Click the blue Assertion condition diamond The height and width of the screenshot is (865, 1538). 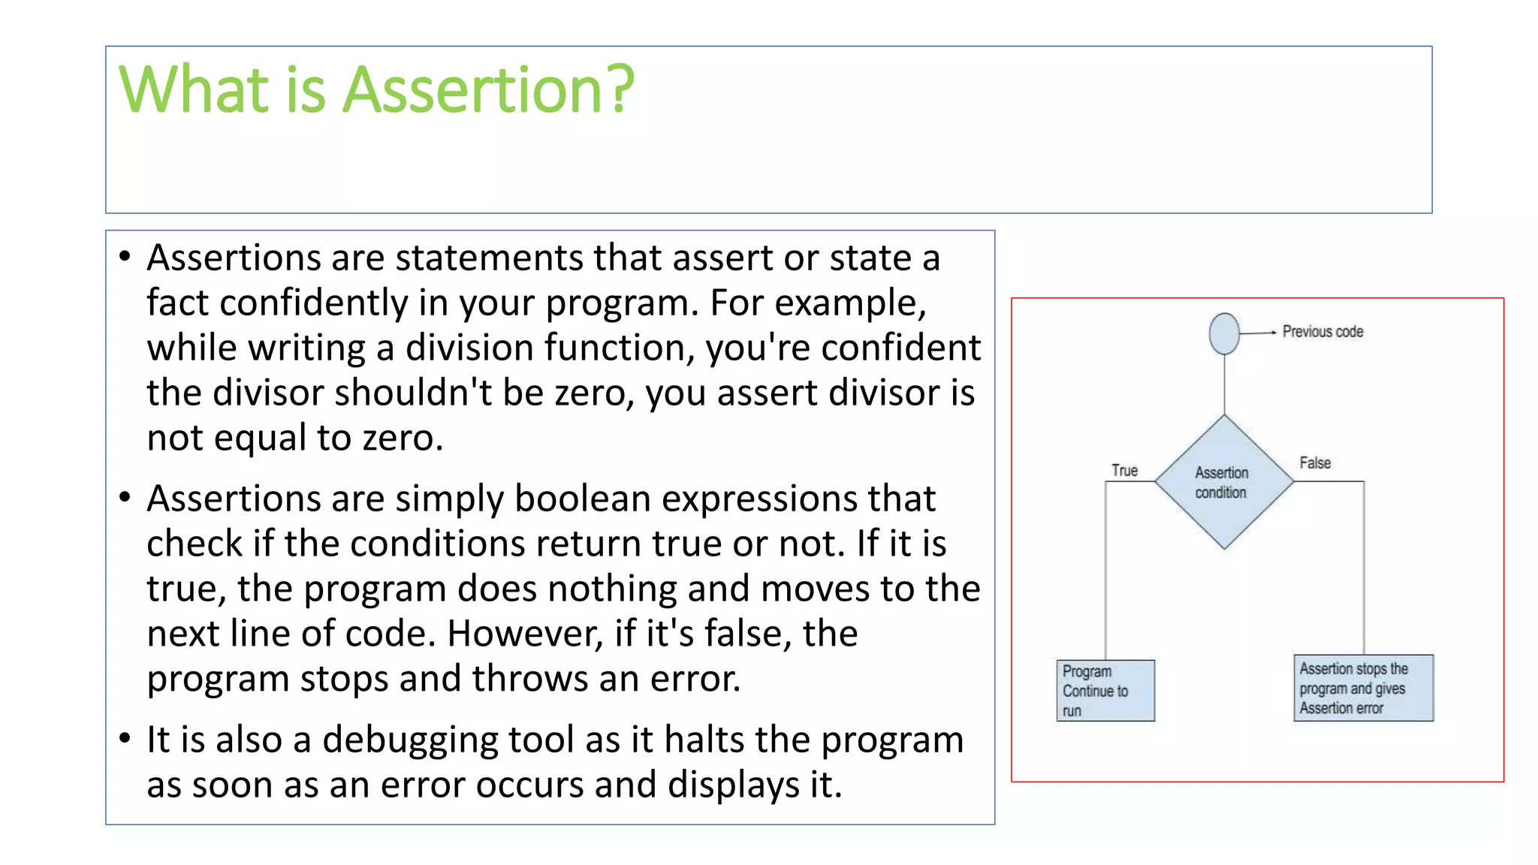click(x=1224, y=481)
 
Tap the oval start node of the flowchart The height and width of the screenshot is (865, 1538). click(x=1224, y=333)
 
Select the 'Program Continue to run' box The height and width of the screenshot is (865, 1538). click(x=1105, y=691)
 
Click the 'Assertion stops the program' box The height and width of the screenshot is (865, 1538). click(x=1364, y=688)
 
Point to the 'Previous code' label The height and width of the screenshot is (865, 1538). click(x=1322, y=331)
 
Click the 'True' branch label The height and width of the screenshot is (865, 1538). click(x=1124, y=470)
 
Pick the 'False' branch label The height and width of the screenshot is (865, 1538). click(x=1315, y=463)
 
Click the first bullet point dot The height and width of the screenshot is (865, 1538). click(x=125, y=256)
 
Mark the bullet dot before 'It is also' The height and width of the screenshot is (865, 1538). click(x=125, y=738)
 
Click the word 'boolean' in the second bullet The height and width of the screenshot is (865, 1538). click(x=582, y=498)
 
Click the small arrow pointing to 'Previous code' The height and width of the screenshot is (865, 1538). click(x=1258, y=332)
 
